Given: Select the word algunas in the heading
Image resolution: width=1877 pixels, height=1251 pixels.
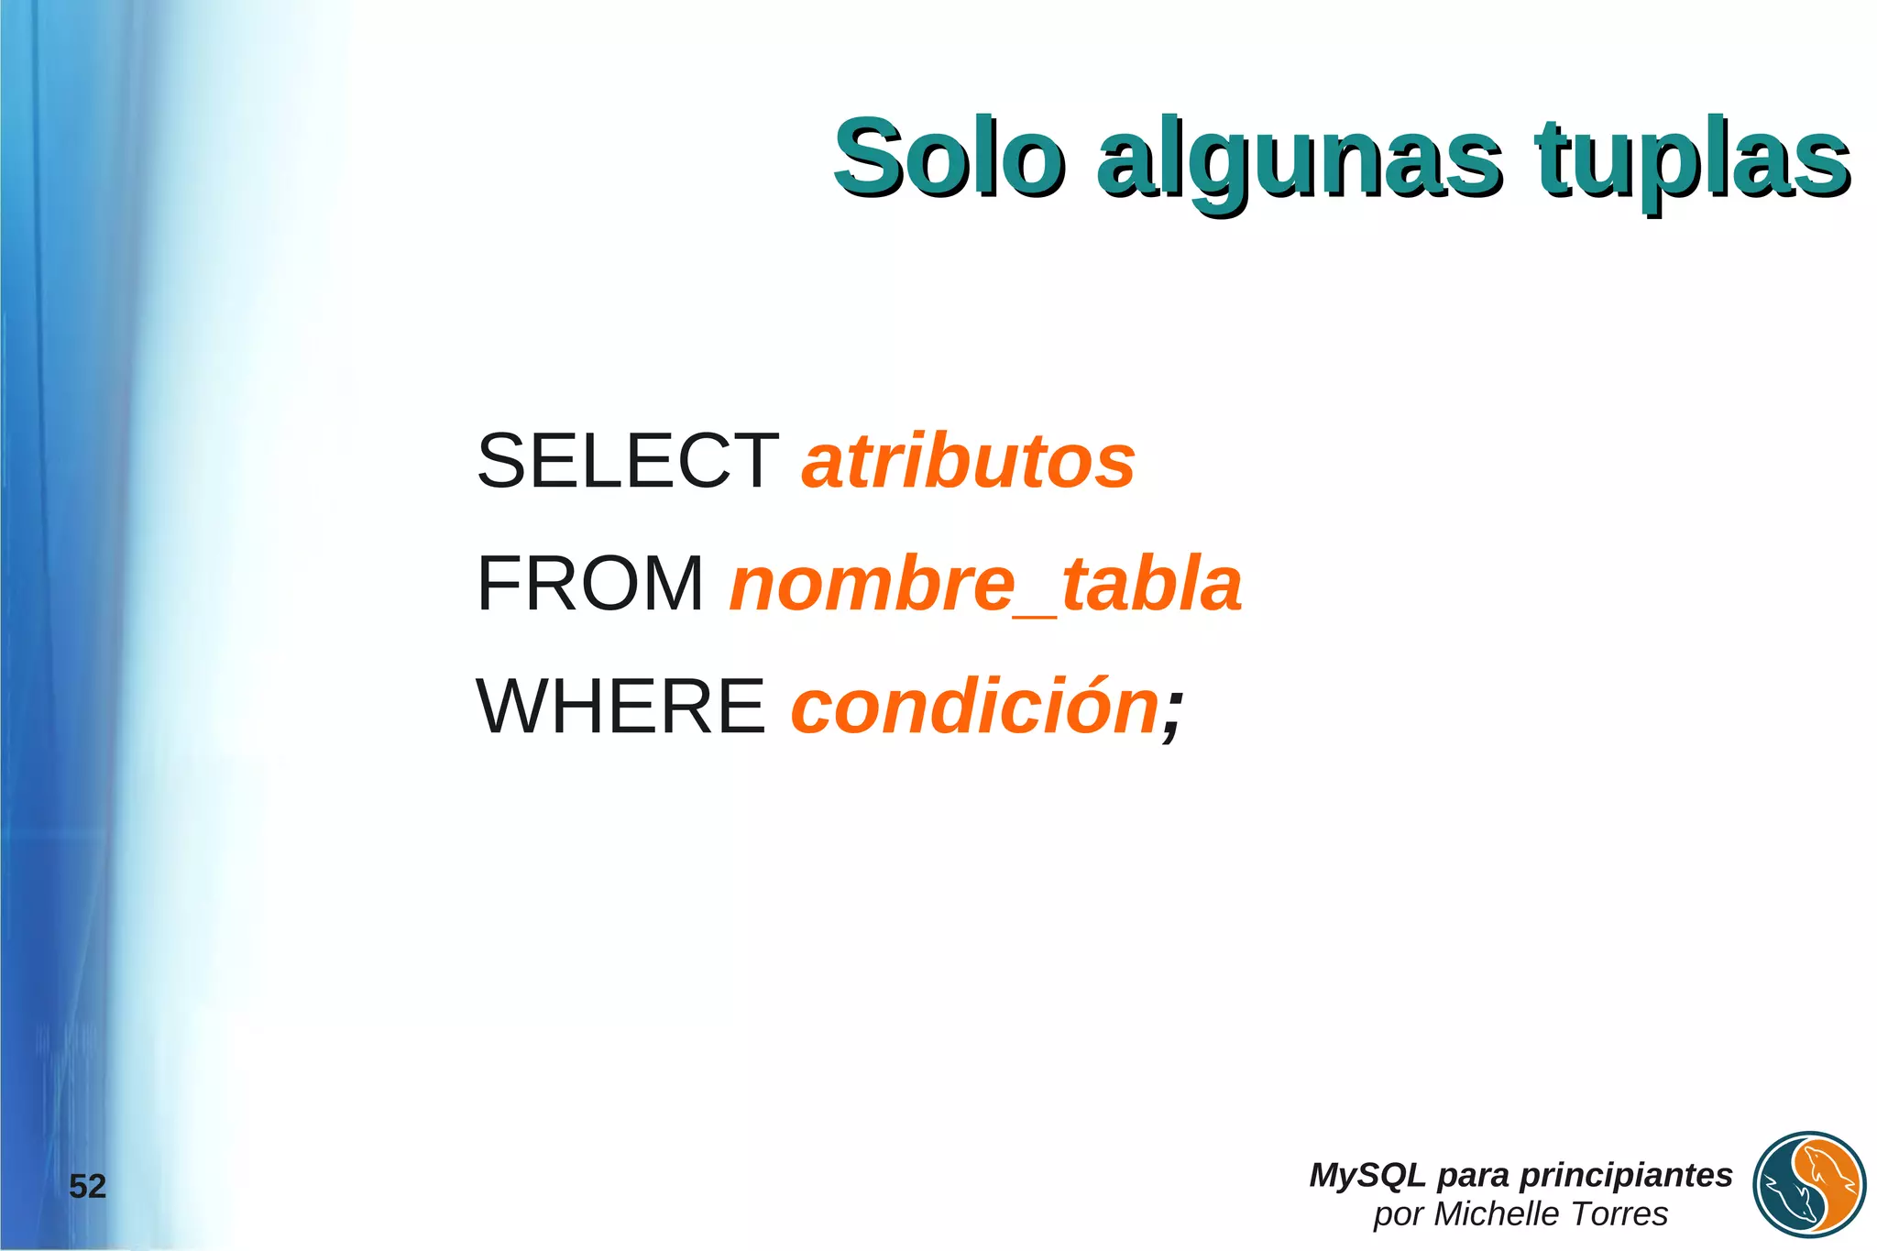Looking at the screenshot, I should click(1300, 161).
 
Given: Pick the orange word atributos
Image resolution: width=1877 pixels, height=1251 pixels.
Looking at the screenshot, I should click(969, 461).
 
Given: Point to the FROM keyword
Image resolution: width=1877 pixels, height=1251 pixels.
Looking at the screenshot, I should click(590, 584).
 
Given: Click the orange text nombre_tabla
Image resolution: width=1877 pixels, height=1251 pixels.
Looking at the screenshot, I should click(985, 584).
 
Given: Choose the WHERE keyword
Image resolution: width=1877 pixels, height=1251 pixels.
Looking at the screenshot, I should click(620, 707).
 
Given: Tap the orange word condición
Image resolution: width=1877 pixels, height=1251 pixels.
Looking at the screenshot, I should click(975, 707).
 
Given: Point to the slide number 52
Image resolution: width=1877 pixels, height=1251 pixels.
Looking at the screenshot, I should click(88, 1187).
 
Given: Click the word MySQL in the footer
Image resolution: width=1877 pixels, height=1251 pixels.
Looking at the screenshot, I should click(1367, 1175).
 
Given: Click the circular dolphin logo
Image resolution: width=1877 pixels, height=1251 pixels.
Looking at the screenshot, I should click(1809, 1185).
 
